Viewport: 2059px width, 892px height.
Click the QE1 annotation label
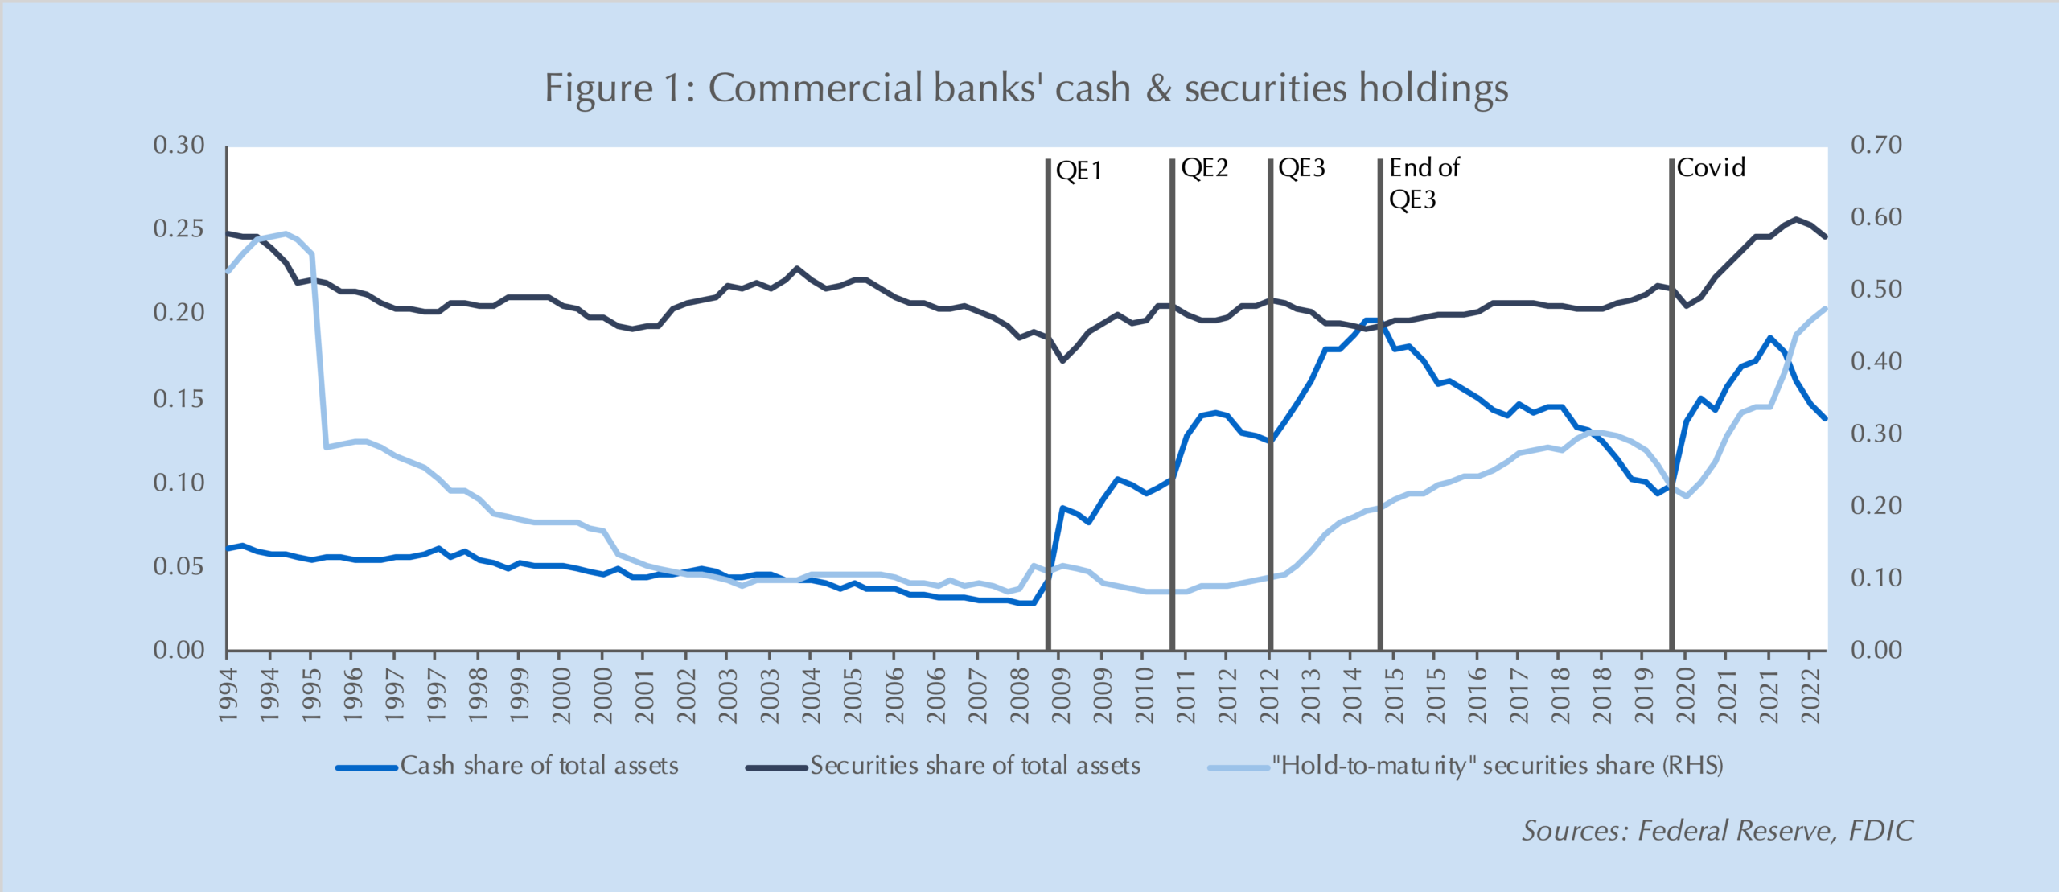coord(1079,171)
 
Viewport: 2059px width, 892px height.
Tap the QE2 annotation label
coord(1204,168)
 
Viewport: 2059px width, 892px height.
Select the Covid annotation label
coord(1711,168)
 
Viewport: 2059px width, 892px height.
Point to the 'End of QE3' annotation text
coord(1423,183)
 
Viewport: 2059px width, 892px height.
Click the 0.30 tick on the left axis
coord(179,146)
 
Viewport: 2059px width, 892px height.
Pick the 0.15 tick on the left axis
coord(179,399)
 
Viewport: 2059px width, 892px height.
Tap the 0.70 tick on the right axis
coord(1876,146)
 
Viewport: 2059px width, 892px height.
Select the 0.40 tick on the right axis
coord(1876,362)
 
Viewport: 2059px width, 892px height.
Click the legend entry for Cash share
coord(539,766)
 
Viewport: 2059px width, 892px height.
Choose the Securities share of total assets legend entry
coord(975,766)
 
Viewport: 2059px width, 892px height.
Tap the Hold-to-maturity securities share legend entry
coord(1497,766)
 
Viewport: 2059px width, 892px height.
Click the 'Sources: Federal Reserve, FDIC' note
coord(1717,831)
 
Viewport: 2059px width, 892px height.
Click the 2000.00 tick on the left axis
coord(561,697)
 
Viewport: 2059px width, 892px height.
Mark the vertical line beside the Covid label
coord(1671,402)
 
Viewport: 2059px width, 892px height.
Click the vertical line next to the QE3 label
coord(1270,402)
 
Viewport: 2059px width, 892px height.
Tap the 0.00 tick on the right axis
coord(1876,650)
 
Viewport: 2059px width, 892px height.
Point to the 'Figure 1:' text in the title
coord(619,88)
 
